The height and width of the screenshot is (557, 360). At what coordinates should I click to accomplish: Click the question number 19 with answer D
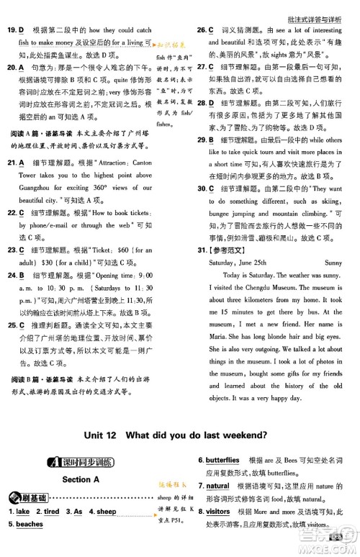(16, 30)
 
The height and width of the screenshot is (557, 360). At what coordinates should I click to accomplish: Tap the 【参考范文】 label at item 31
(225, 250)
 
